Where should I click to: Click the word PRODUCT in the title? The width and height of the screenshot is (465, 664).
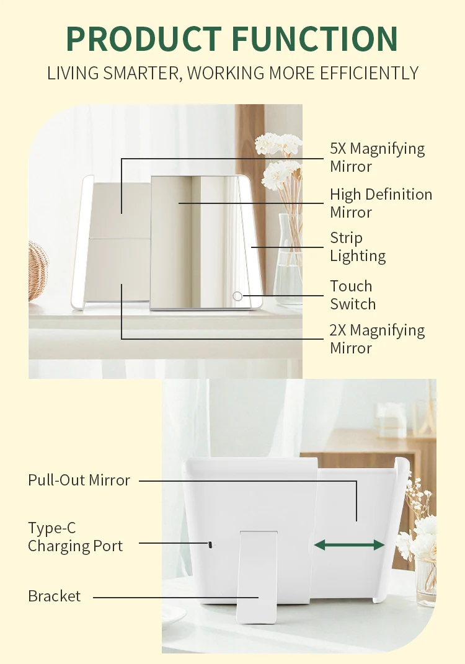pos(144,39)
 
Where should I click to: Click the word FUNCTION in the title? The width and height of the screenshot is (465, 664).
pos(315,39)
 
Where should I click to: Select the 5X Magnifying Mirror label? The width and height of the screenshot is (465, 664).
pos(378,157)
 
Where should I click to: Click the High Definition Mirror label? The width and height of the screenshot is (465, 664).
pos(381,203)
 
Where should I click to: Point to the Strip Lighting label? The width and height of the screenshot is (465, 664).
pos(358,247)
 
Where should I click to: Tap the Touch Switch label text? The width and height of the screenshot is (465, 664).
pos(353,294)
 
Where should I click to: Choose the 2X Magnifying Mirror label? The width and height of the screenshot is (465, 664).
pos(378,339)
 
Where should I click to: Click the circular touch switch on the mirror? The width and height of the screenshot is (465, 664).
pos(237,296)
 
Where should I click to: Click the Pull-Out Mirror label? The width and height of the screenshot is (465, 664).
pos(79,480)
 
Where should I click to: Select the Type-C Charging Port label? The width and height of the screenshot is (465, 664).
pos(76,537)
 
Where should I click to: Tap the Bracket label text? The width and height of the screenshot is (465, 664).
pos(54,596)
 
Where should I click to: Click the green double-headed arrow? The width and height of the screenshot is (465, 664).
pos(350,545)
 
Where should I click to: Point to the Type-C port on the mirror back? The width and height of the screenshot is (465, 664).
pos(209,544)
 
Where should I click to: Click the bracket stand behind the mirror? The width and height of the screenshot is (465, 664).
pos(258,576)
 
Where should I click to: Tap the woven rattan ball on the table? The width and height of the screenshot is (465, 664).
pos(38,270)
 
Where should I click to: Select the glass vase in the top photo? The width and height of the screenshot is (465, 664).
pos(290,259)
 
